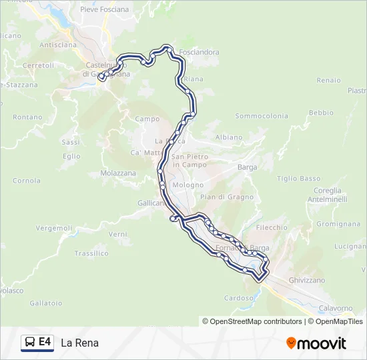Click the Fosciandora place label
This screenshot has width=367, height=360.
[x=199, y=52]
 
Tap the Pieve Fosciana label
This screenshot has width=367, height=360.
[x=103, y=9]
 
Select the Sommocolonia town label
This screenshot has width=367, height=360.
[x=262, y=116]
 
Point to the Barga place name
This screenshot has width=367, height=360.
[x=247, y=167]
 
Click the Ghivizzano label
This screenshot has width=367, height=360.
[x=306, y=281]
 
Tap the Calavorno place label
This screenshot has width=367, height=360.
[x=335, y=308]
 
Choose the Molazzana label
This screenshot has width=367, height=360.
[x=118, y=173]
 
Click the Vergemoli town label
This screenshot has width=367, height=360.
[x=54, y=228]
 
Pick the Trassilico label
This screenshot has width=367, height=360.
[x=91, y=253]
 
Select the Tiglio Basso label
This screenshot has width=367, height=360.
[x=299, y=179]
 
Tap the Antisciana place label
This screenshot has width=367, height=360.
[x=59, y=45]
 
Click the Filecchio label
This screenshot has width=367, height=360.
[x=272, y=227]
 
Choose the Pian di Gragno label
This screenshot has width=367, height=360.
[x=226, y=197]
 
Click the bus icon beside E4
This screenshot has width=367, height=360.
[x=30, y=343]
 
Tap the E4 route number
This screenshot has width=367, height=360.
[x=45, y=342]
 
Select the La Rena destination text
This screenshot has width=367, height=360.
[x=79, y=343]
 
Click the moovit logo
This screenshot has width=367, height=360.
[x=316, y=343]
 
